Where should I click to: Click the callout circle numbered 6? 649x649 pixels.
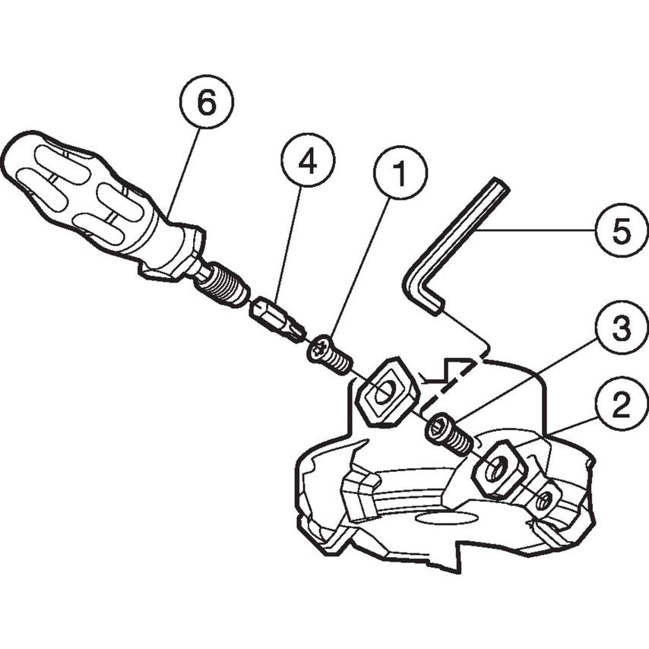[206, 104]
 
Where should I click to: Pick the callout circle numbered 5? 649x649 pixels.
[621, 230]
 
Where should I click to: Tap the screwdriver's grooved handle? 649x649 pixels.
[84, 194]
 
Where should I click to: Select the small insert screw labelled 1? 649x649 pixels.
[331, 356]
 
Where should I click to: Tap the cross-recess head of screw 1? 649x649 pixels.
[320, 350]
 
